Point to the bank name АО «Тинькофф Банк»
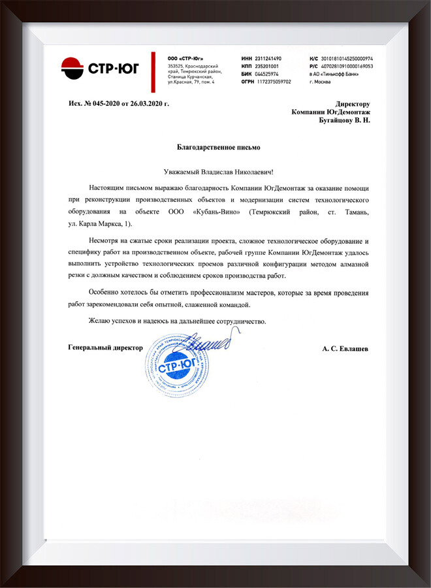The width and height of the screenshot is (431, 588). [x=337, y=74]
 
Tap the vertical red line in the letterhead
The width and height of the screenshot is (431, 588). [x=154, y=69]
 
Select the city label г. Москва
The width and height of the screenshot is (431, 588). [x=321, y=82]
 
